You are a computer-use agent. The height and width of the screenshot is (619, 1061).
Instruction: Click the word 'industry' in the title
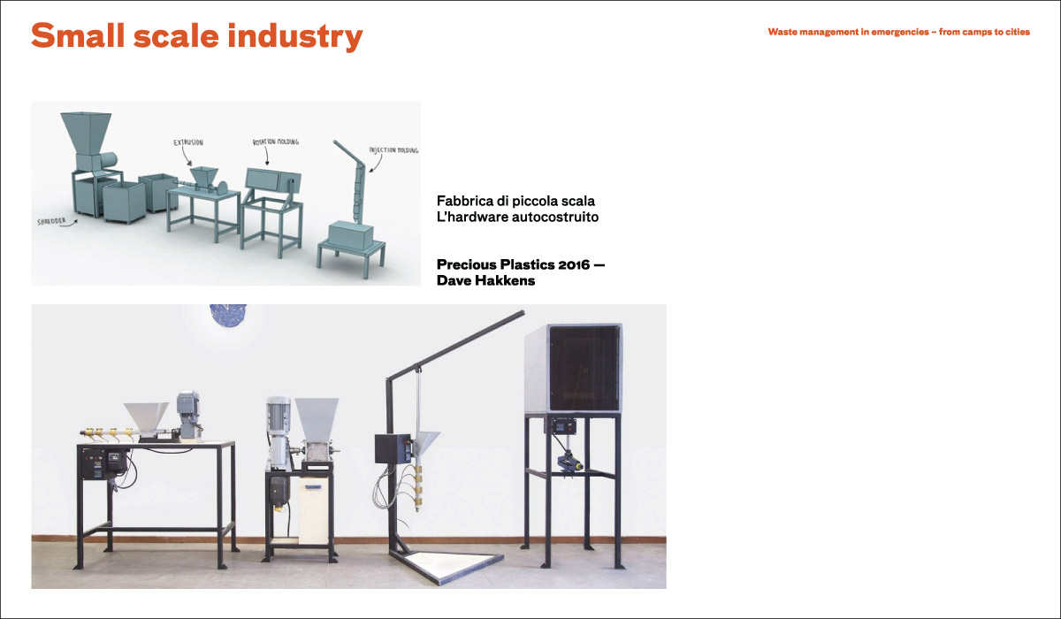coord(295,36)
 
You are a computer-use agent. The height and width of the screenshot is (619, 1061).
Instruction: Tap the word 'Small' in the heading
coord(78,35)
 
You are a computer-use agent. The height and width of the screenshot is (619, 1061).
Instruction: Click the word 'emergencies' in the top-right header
coord(900,32)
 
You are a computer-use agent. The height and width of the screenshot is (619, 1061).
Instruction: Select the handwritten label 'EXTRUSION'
coord(188,142)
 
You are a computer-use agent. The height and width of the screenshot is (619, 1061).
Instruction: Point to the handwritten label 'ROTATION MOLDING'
coord(276,141)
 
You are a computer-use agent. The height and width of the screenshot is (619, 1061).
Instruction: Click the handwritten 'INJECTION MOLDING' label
coord(393,150)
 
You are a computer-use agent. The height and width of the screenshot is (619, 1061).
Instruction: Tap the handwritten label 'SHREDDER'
coord(51,221)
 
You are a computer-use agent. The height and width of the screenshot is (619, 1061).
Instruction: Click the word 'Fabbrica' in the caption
coord(465,201)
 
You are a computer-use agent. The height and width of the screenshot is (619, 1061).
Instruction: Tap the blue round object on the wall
coord(228,314)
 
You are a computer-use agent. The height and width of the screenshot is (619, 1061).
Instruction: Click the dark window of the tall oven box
coord(584,368)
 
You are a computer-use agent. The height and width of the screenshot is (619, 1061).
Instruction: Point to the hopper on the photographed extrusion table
coord(146,416)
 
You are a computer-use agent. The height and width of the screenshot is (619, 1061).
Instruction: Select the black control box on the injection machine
coord(393,448)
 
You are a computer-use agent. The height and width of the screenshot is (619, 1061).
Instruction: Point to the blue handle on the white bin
coord(313,487)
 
